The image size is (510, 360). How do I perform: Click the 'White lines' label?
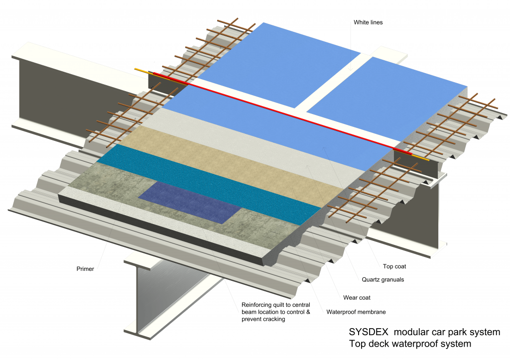(x=369, y=22)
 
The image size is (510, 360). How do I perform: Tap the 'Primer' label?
(x=86, y=269)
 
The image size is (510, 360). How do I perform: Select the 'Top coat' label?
(x=394, y=266)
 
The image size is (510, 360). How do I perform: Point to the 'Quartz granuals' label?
(x=382, y=280)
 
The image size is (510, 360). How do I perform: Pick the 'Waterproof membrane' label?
(x=356, y=312)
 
